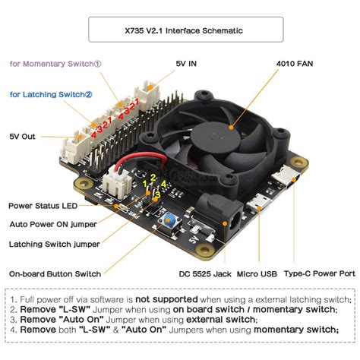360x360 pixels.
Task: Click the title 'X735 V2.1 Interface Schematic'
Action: pos(184,30)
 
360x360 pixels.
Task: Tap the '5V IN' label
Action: pos(186,64)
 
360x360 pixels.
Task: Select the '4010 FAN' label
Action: pos(295,64)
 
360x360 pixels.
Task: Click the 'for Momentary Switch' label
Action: pos(55,64)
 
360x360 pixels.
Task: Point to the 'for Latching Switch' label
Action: pos(51,94)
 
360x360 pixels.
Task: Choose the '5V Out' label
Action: pos(22,137)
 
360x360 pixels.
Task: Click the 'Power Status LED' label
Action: pos(43,206)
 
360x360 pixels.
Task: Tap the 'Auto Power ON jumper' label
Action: pos(53,224)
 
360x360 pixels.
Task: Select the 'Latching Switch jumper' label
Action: pos(55,245)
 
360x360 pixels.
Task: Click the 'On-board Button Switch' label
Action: pos(55,274)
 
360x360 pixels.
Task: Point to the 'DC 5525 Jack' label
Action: pos(205,274)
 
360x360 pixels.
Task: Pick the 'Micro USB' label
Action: pos(257,274)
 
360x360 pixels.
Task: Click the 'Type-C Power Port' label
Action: pos(320,273)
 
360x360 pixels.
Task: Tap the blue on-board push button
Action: pos(168,220)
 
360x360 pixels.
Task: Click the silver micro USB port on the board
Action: pos(258,204)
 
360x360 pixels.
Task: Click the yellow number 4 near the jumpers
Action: pos(163,184)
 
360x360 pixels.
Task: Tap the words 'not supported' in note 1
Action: pos(166,299)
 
